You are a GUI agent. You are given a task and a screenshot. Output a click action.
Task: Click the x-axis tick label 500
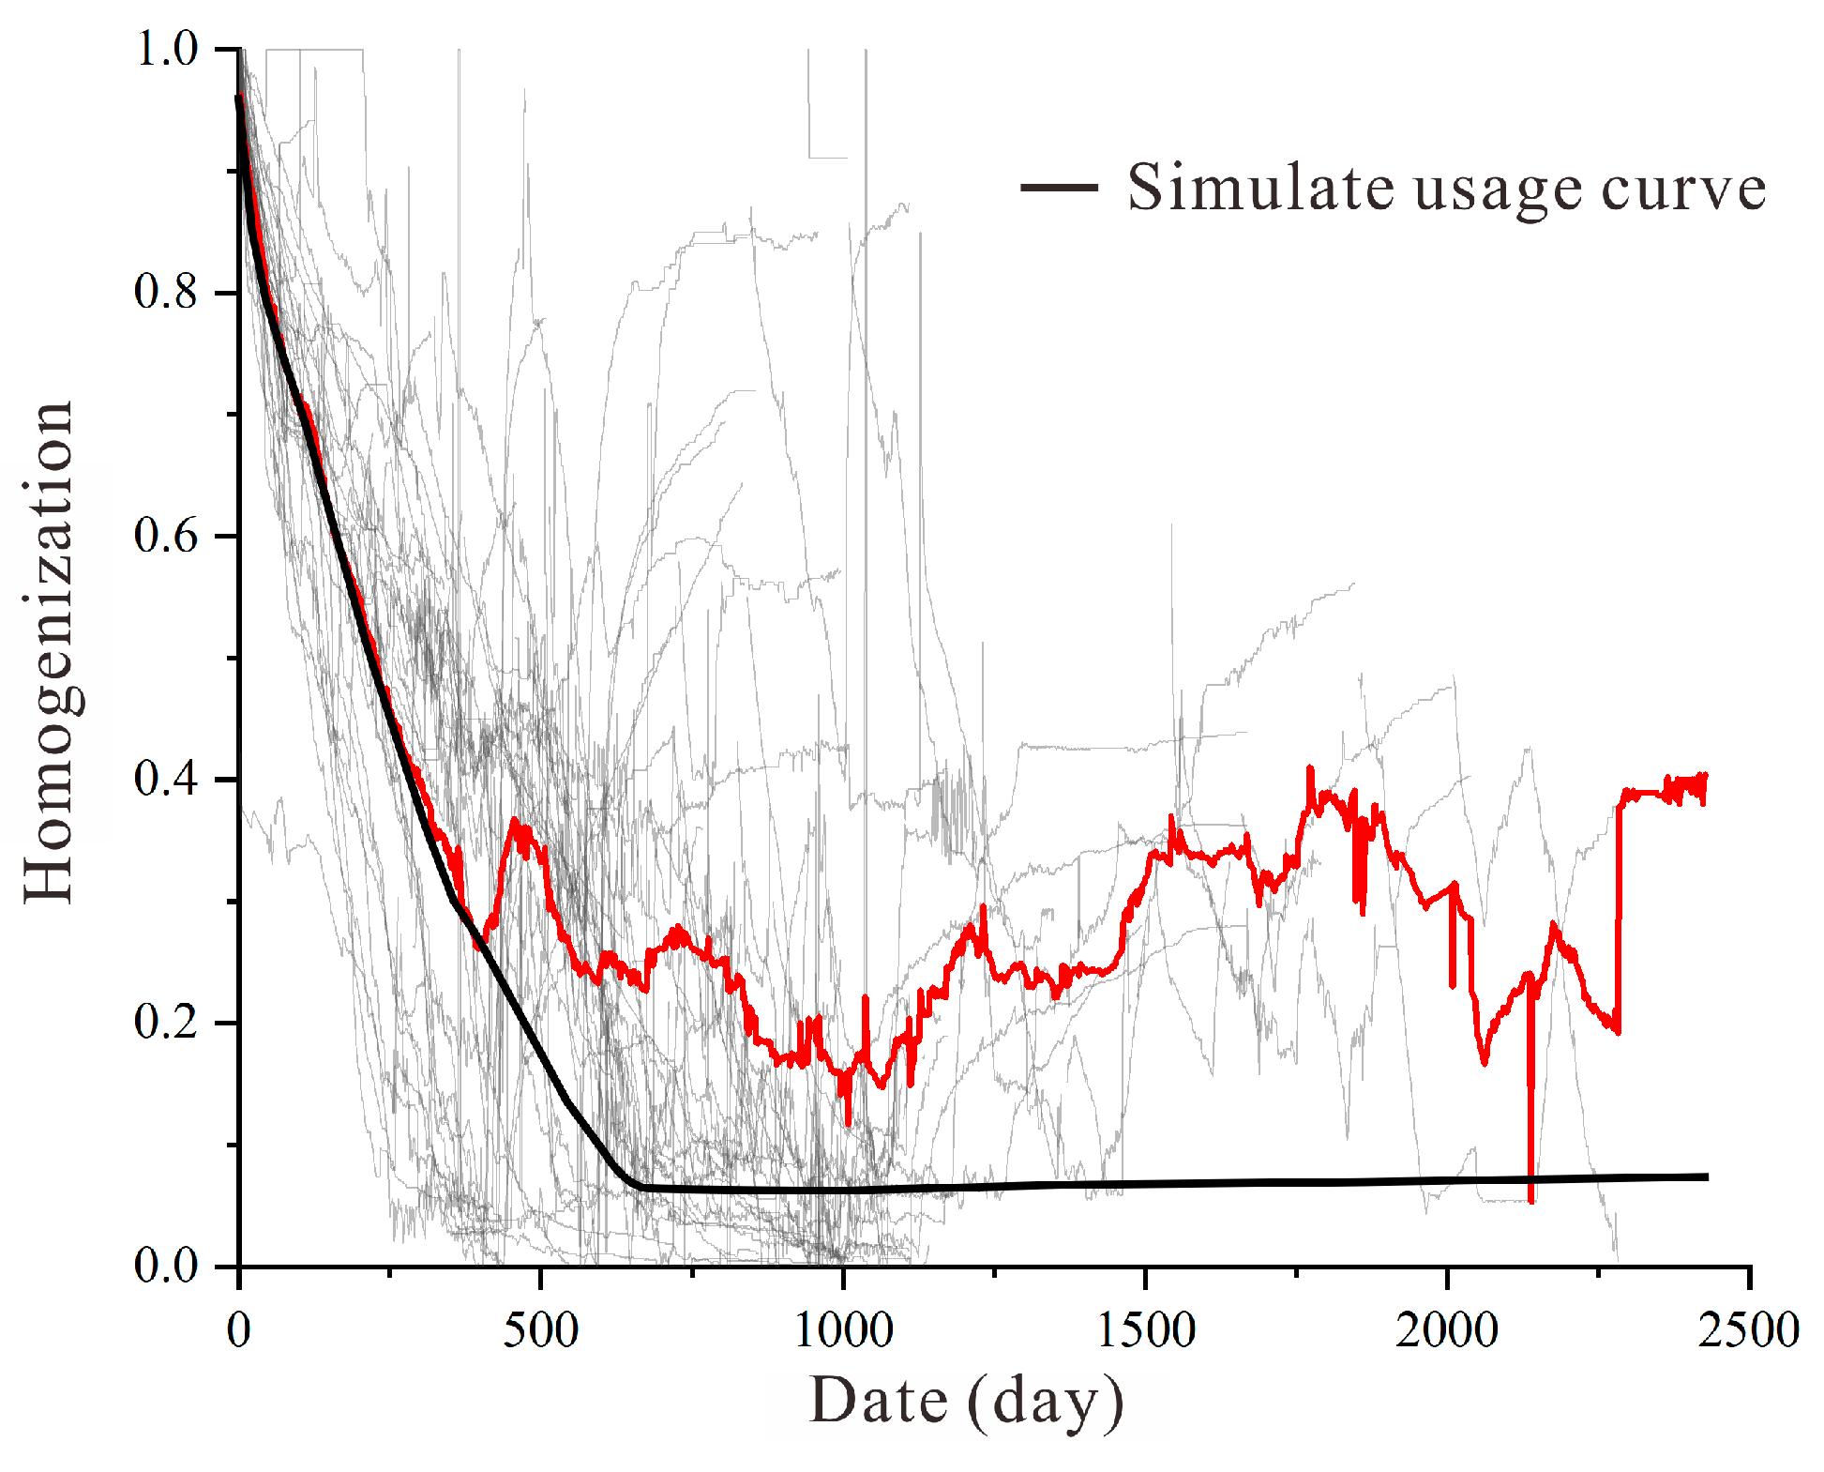541,1330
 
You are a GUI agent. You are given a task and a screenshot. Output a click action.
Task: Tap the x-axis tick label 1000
843,1330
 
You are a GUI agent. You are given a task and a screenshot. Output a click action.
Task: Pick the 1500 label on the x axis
1146,1330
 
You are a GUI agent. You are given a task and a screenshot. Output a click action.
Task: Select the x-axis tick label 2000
1447,1330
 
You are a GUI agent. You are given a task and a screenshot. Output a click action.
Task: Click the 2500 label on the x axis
1749,1330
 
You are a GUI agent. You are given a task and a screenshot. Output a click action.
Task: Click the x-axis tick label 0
239,1330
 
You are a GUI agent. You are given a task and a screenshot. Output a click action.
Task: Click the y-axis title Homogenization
49,652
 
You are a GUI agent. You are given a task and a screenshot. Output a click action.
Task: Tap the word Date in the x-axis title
879,1401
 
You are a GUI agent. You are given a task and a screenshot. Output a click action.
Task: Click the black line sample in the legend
1059,188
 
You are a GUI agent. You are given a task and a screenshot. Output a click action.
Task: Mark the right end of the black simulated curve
1706,1176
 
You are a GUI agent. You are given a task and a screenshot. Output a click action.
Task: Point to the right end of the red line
1704,777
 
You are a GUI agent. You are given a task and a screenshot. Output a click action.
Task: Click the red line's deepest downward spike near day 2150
1530,1200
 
